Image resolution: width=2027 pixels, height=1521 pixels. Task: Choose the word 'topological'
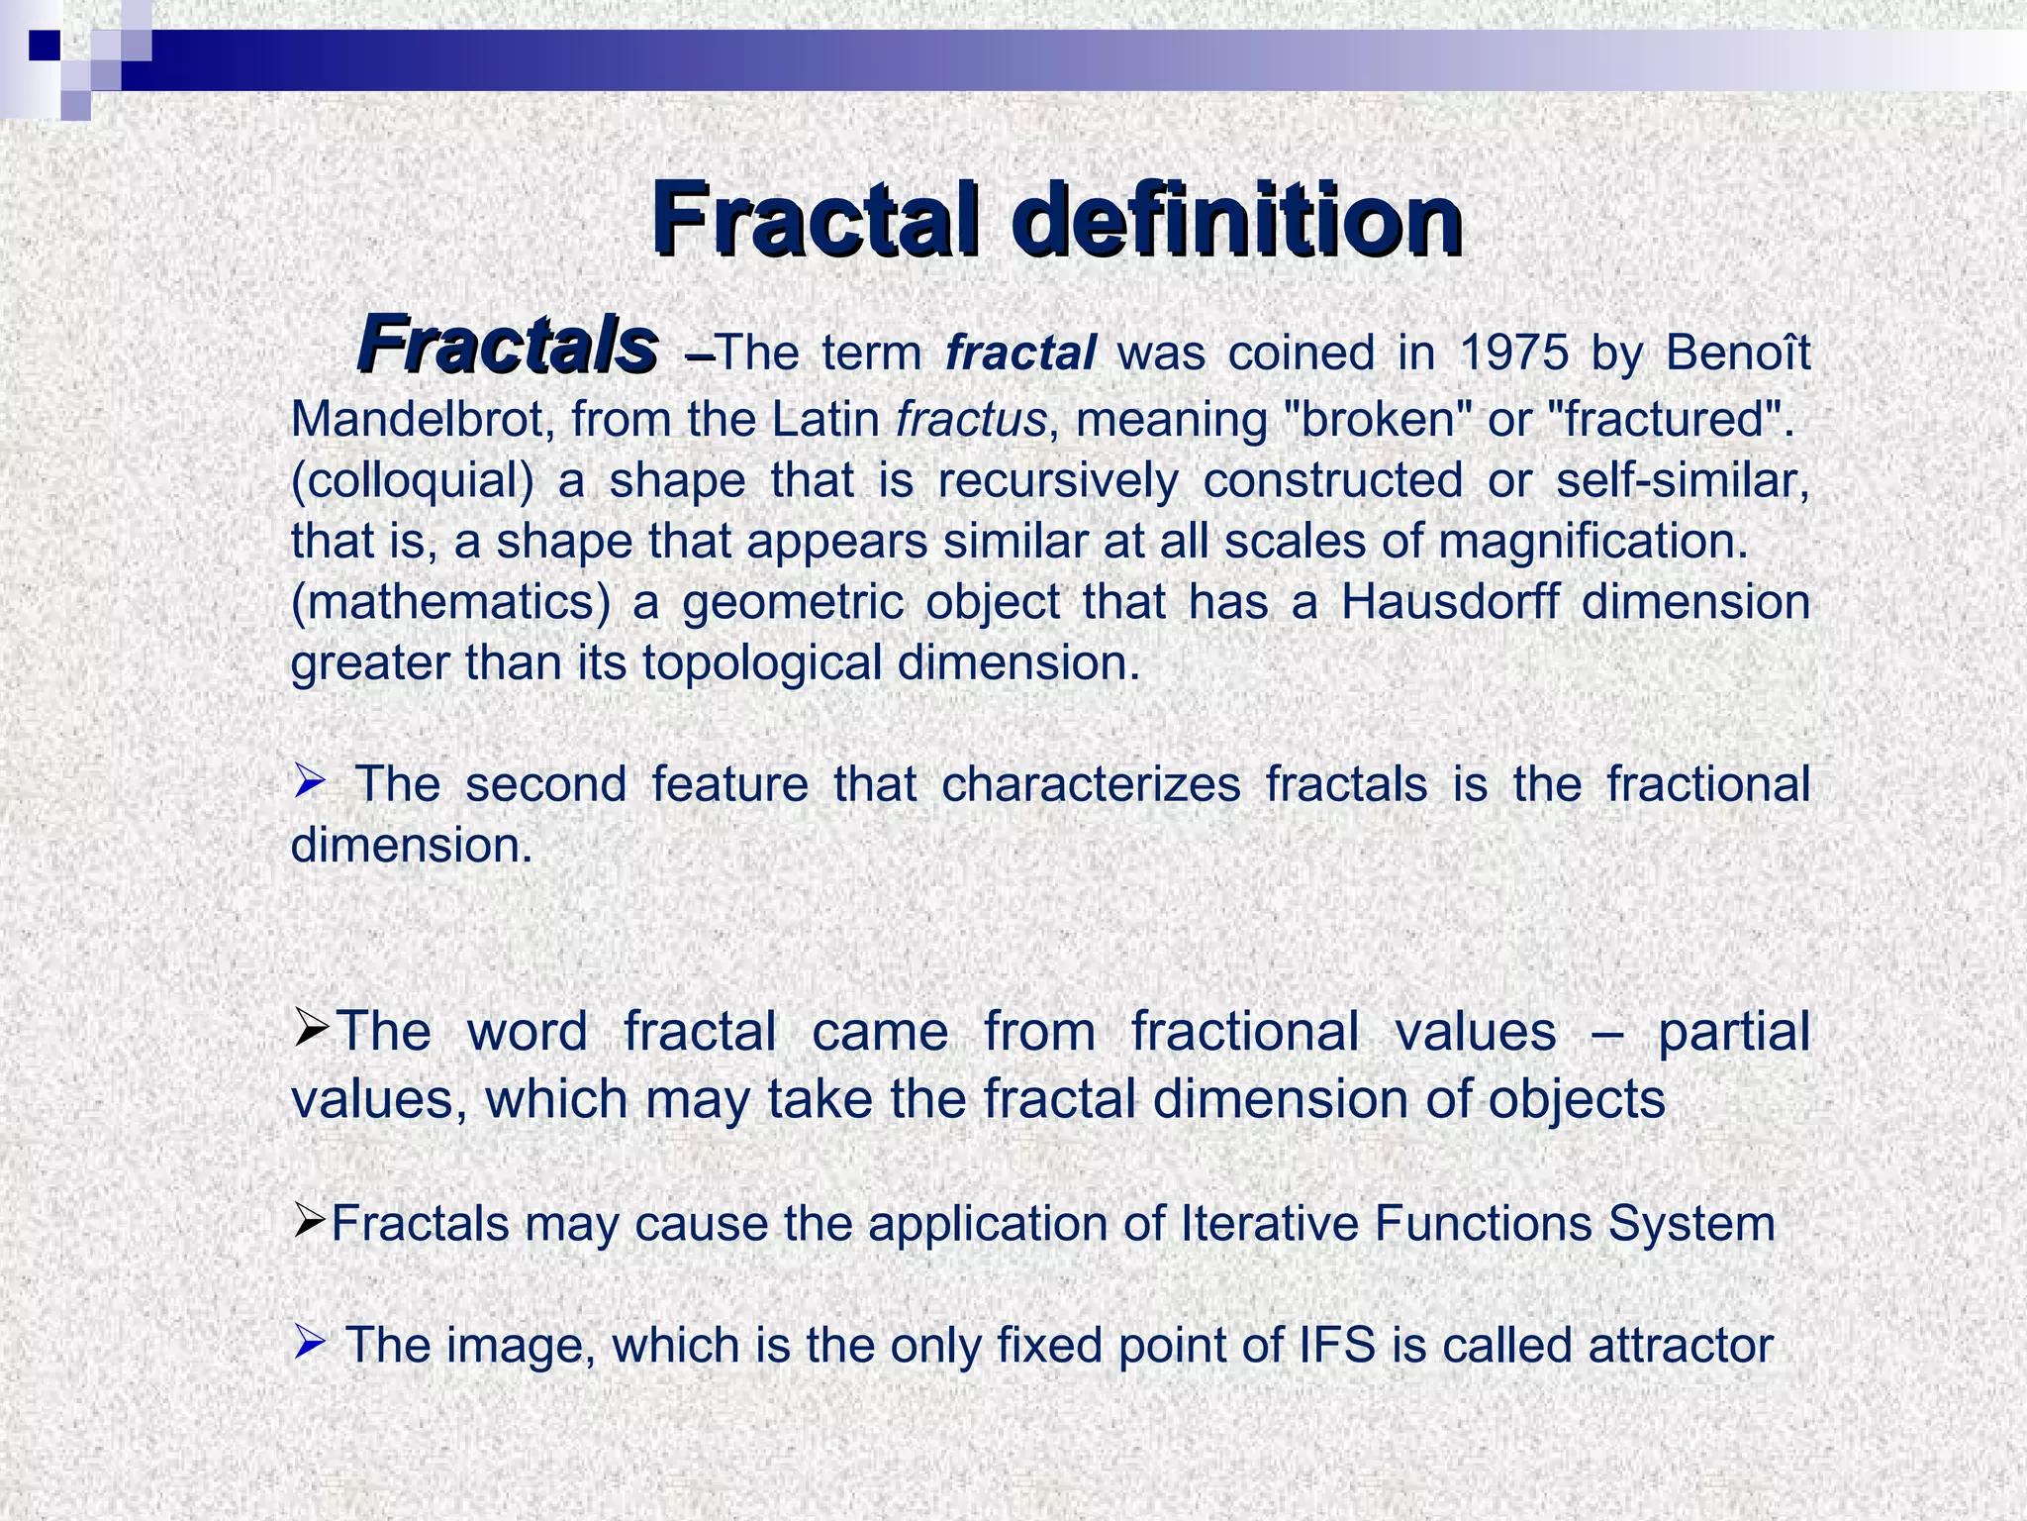point(761,662)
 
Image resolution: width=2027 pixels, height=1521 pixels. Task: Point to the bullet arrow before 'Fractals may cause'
point(310,1224)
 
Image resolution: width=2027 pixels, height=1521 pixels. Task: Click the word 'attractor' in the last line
point(1681,1345)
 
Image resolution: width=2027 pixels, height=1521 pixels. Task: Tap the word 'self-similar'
point(1683,480)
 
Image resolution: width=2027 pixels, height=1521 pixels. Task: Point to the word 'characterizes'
point(1091,784)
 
